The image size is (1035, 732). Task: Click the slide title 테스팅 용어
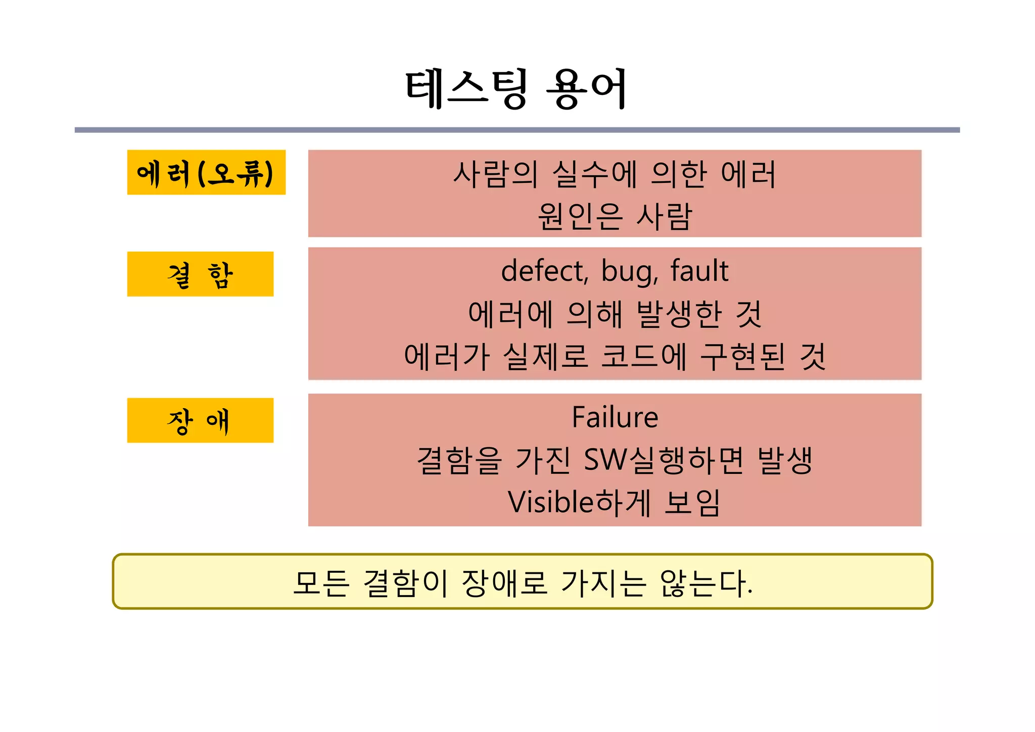[x=516, y=89]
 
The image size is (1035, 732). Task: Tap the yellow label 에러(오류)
[x=206, y=173]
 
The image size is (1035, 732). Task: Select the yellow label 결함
[x=200, y=274]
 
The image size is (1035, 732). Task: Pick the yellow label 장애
[x=200, y=421]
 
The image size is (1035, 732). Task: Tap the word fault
[x=699, y=271]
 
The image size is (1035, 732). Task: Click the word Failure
[x=615, y=417]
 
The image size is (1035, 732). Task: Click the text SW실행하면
[x=664, y=460]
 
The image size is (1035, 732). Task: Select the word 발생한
[x=679, y=314]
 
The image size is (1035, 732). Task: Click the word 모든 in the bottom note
[x=321, y=583]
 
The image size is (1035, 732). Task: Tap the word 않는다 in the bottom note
[x=704, y=583]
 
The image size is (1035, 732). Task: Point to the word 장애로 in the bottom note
[x=504, y=583]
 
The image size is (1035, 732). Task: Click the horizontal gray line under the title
[x=517, y=130]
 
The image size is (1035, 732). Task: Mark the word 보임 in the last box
[x=692, y=503]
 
